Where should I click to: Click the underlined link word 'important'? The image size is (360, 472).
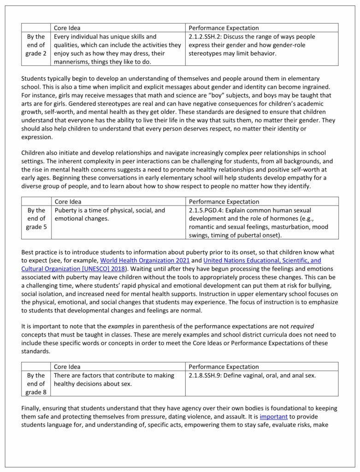coord(273,416)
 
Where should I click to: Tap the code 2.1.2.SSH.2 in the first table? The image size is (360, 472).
coord(209,36)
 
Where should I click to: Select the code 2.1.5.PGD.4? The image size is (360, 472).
coord(209,210)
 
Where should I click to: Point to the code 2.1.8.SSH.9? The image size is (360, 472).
coord(209,375)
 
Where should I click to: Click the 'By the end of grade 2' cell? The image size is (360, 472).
coord(36,45)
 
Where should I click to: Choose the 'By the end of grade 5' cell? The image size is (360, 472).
coord(36,218)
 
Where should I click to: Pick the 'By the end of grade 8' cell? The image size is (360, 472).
coord(36,383)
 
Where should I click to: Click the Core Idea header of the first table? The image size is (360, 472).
coord(67,28)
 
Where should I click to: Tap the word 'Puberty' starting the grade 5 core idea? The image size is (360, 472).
coord(66,210)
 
